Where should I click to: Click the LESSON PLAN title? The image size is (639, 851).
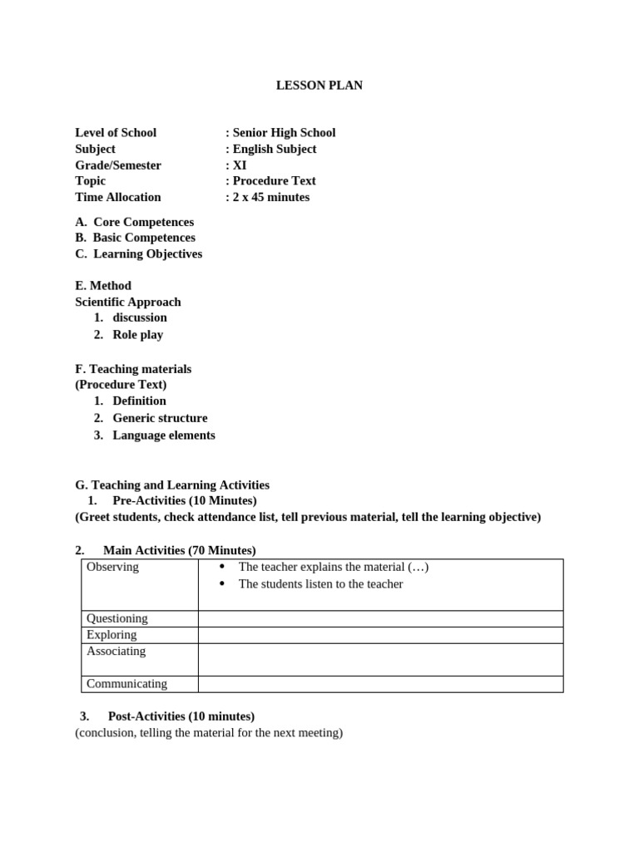[319, 86]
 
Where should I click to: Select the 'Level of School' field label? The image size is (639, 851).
[116, 133]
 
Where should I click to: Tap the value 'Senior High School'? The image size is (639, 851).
[284, 133]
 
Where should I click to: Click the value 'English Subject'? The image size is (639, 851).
[274, 149]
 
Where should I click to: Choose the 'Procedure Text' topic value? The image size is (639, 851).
[274, 181]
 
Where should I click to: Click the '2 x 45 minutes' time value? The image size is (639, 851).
[270, 197]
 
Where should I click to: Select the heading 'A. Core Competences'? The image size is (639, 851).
[135, 222]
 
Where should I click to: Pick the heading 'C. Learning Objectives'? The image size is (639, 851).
[139, 254]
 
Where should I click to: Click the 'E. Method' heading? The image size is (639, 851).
[103, 286]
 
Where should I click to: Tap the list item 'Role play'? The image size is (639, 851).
[138, 335]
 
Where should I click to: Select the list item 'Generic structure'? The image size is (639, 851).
[160, 418]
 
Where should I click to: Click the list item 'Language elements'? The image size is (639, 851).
[164, 435]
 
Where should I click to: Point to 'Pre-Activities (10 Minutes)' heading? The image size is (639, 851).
[184, 500]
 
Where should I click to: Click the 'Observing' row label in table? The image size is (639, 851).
[112, 567]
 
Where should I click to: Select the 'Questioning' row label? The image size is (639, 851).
[117, 618]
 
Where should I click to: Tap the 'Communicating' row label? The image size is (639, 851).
[126, 684]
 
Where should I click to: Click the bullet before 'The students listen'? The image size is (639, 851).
[222, 584]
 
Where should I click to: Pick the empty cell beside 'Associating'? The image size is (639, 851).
[380, 659]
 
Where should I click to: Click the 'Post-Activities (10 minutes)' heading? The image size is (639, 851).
[181, 716]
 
